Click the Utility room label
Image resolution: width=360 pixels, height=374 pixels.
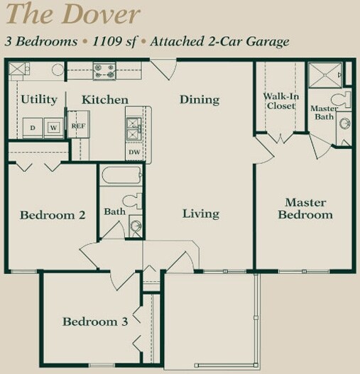coord(38,99)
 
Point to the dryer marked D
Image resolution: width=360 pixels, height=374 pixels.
coord(33,127)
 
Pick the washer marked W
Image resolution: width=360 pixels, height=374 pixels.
coord(53,127)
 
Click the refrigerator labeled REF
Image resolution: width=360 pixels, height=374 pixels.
coord(77,126)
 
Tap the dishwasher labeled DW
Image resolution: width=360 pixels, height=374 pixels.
coord(134,152)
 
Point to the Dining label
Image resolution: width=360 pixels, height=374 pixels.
coord(199,99)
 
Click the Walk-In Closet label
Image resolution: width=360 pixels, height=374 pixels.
coord(280,101)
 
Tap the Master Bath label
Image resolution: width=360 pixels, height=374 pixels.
coord(324,112)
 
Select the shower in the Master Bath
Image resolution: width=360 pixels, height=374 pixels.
coord(325,75)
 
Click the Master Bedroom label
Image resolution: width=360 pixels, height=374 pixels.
coord(305,208)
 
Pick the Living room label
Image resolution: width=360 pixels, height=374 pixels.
coord(200,214)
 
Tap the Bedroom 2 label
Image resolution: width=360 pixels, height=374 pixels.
coord(53,215)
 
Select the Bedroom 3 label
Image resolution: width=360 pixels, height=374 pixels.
coord(95,322)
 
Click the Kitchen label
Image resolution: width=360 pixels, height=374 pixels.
coord(105,99)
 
